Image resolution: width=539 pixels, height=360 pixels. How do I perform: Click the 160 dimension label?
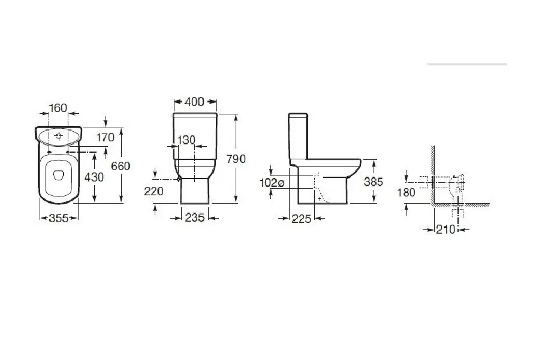58,108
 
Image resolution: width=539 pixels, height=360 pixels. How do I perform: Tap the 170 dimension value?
105,137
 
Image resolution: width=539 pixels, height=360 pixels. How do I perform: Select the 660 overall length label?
121,167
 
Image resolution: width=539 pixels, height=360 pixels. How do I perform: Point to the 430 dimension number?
94,177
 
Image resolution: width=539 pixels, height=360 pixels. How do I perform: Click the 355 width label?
59,218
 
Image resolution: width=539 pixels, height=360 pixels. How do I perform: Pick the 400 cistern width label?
195,102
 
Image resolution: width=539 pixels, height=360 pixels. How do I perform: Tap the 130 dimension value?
186,140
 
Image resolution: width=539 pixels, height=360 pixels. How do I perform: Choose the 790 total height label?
236,159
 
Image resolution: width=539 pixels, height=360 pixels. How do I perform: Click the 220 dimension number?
153,191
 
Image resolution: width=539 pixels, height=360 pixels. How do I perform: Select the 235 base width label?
195,217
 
